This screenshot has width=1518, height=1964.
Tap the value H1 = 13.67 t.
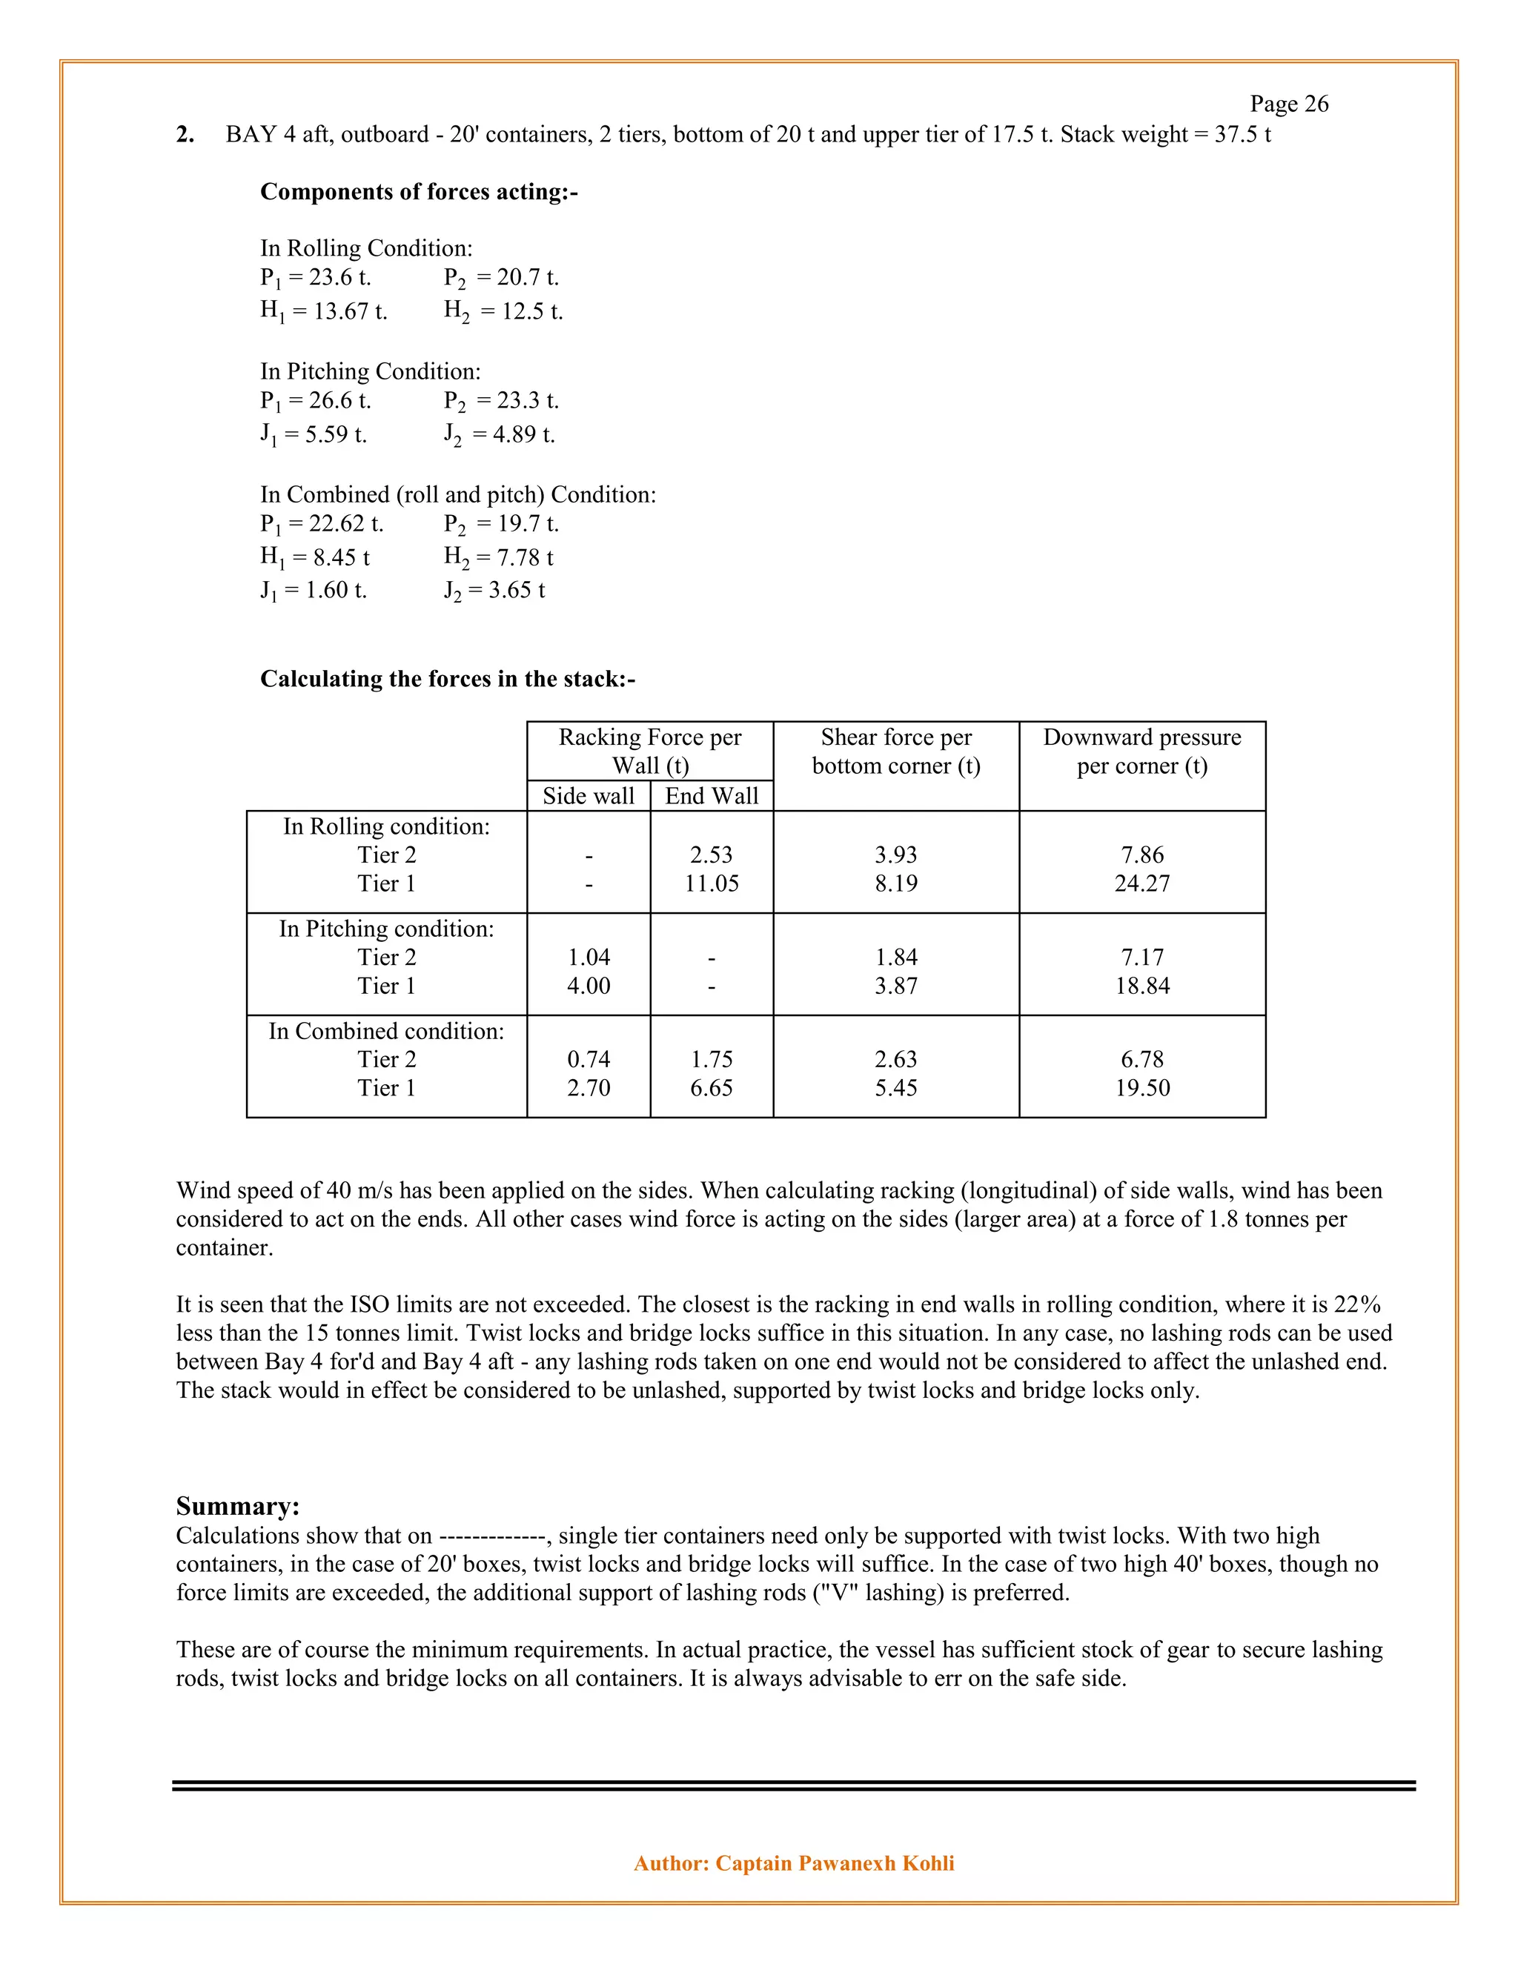324,311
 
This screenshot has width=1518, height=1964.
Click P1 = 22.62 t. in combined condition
321,523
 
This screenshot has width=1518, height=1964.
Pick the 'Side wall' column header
588,796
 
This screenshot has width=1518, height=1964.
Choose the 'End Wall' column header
712,796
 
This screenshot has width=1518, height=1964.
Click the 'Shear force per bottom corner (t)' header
895,752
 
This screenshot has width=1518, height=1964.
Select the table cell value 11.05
712,883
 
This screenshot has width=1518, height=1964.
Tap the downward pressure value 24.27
1142,883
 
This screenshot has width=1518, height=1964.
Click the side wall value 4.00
588,986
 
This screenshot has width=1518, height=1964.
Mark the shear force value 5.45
895,1087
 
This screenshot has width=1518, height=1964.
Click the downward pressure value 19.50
1142,1087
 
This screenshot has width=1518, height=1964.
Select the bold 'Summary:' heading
237,1506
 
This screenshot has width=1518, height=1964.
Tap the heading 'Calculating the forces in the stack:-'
447,678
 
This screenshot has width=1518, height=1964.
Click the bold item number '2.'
185,135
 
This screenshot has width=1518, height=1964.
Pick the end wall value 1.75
712,1059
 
